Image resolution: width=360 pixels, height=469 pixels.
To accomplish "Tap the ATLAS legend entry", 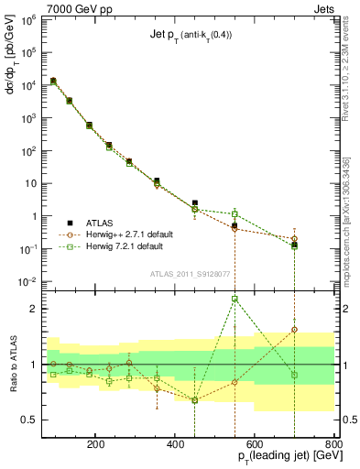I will coord(103,223).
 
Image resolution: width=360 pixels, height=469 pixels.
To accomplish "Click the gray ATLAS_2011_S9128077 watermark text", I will coord(190,272).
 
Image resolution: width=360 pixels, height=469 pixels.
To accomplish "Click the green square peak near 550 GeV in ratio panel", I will coord(235,299).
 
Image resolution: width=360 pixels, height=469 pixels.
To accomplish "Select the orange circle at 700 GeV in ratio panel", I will coord(294,329).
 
